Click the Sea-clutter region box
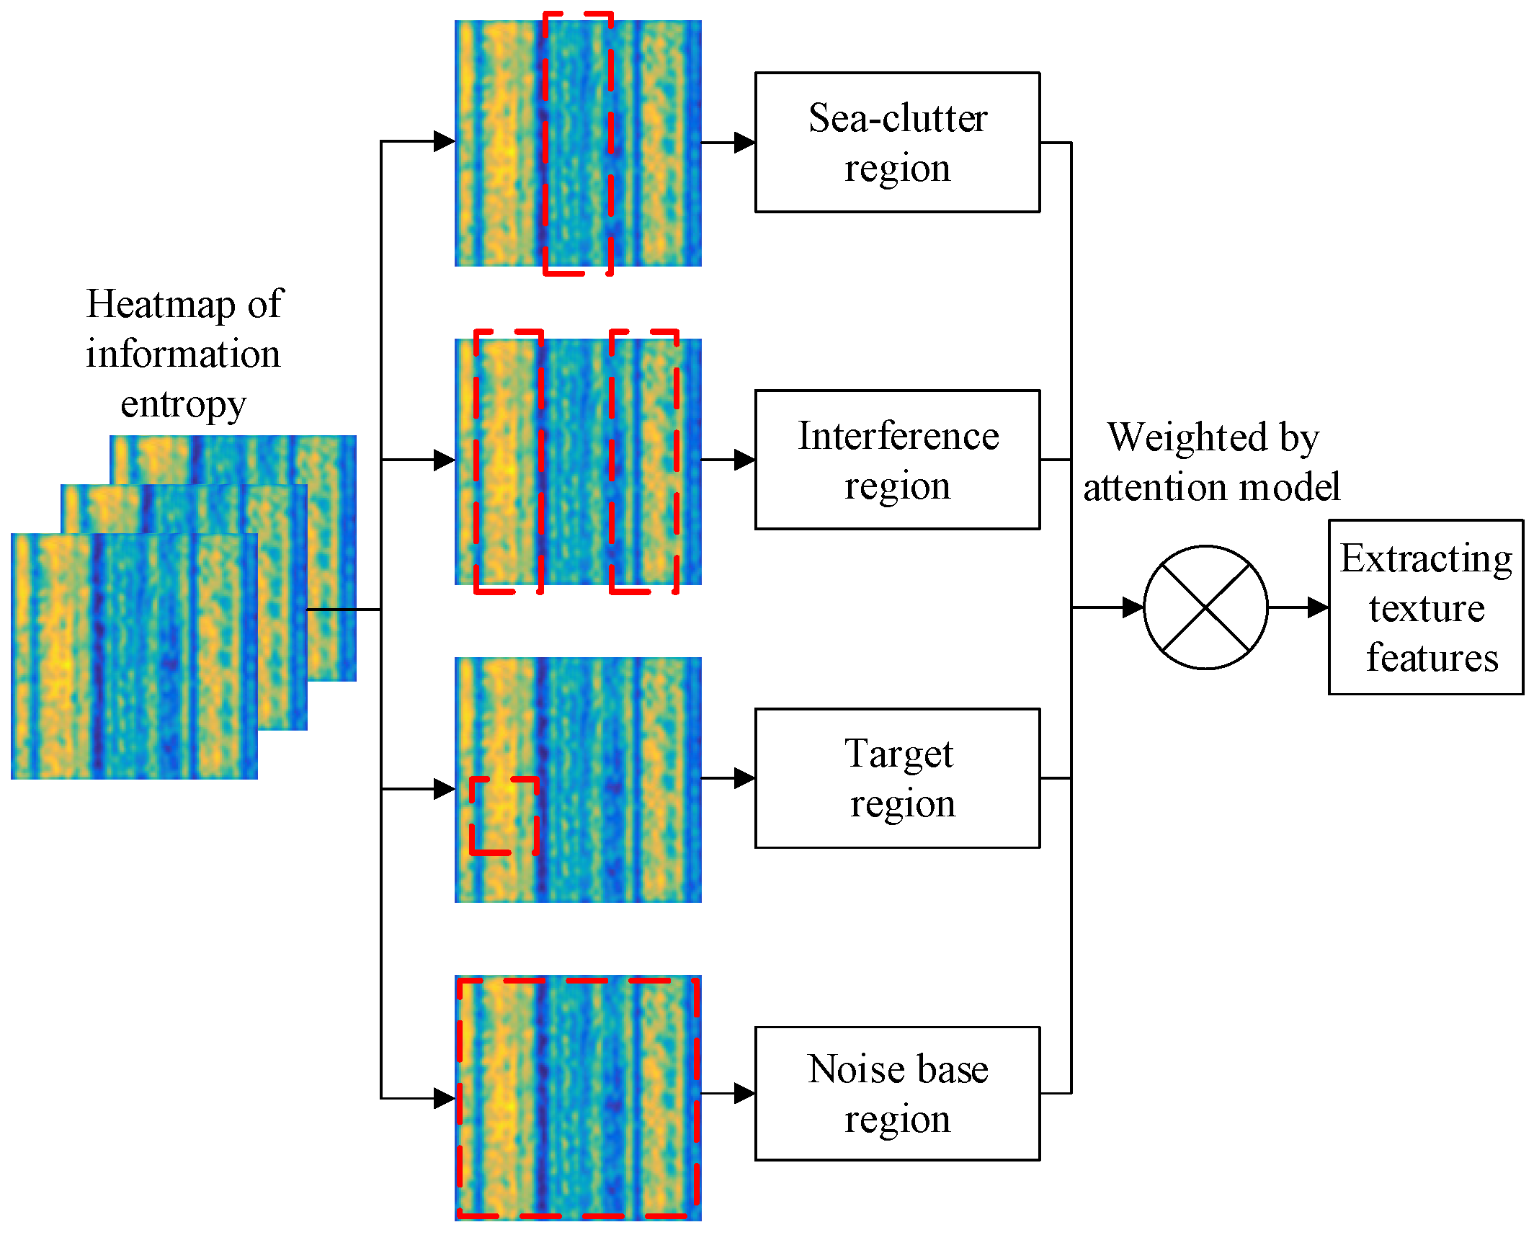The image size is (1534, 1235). click(x=897, y=142)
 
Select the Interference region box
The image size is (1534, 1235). click(x=897, y=460)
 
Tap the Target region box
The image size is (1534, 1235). click(x=897, y=778)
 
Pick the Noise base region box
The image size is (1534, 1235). click(x=897, y=1093)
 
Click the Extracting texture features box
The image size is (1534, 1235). click(x=1425, y=607)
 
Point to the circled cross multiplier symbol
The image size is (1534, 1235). click(x=1205, y=607)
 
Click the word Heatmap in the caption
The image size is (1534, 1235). click(x=160, y=304)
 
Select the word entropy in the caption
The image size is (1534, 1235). click(x=183, y=404)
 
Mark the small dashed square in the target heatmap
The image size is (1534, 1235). click(x=504, y=816)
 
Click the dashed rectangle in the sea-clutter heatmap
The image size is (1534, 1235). click(x=578, y=143)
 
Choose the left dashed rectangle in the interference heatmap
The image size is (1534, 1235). click(x=508, y=461)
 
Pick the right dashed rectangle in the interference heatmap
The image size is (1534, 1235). click(x=644, y=461)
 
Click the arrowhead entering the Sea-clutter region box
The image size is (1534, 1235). click(x=744, y=142)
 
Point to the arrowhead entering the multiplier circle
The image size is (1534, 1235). click(x=1133, y=607)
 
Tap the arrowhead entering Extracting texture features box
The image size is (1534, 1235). click(x=1318, y=607)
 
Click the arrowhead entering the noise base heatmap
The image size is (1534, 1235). click(x=444, y=1099)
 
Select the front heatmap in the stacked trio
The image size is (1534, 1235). click(x=134, y=656)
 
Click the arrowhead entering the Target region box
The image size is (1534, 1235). click(x=744, y=778)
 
